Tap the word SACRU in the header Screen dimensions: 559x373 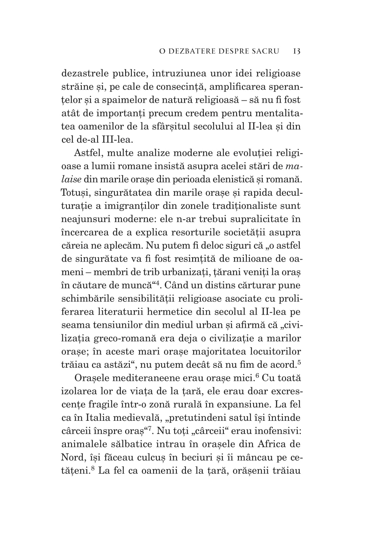coord(265,51)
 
